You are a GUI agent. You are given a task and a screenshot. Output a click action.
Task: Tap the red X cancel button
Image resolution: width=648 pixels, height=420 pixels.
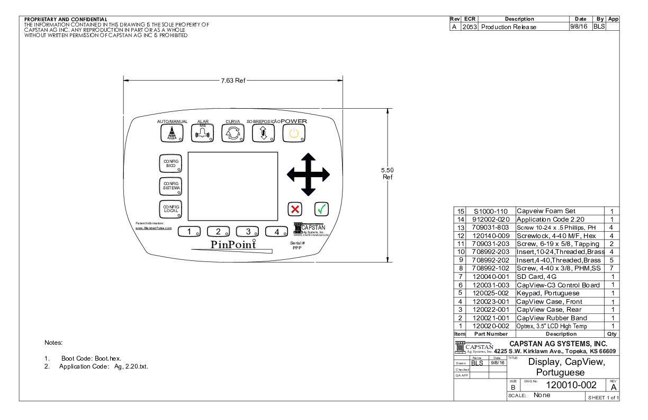point(295,209)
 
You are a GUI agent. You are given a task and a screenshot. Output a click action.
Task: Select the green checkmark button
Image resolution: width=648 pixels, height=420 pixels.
point(321,209)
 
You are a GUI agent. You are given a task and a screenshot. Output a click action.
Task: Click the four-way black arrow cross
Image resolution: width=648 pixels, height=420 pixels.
point(308,174)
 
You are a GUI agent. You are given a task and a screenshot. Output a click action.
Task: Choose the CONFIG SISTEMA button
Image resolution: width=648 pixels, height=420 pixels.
point(171,186)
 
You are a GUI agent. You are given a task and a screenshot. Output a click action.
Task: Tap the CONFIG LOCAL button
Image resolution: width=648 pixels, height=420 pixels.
point(171,209)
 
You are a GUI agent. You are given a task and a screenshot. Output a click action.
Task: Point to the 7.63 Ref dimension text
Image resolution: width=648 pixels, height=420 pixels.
point(233,81)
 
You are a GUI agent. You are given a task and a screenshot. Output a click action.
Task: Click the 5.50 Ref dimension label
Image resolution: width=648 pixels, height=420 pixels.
point(388,173)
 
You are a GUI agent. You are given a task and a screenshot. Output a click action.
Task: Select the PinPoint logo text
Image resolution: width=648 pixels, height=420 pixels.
point(233,244)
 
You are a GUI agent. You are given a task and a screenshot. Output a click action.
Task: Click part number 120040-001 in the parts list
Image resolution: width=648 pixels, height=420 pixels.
point(490,277)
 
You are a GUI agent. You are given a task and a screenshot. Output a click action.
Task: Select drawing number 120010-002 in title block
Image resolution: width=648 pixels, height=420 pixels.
point(571,385)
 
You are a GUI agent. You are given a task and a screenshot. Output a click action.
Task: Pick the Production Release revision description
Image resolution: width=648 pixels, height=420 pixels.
point(509,27)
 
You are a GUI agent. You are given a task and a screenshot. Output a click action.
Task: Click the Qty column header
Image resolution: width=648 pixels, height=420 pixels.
point(613,334)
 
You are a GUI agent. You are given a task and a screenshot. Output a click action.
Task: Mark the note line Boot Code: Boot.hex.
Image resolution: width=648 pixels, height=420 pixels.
point(91,358)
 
